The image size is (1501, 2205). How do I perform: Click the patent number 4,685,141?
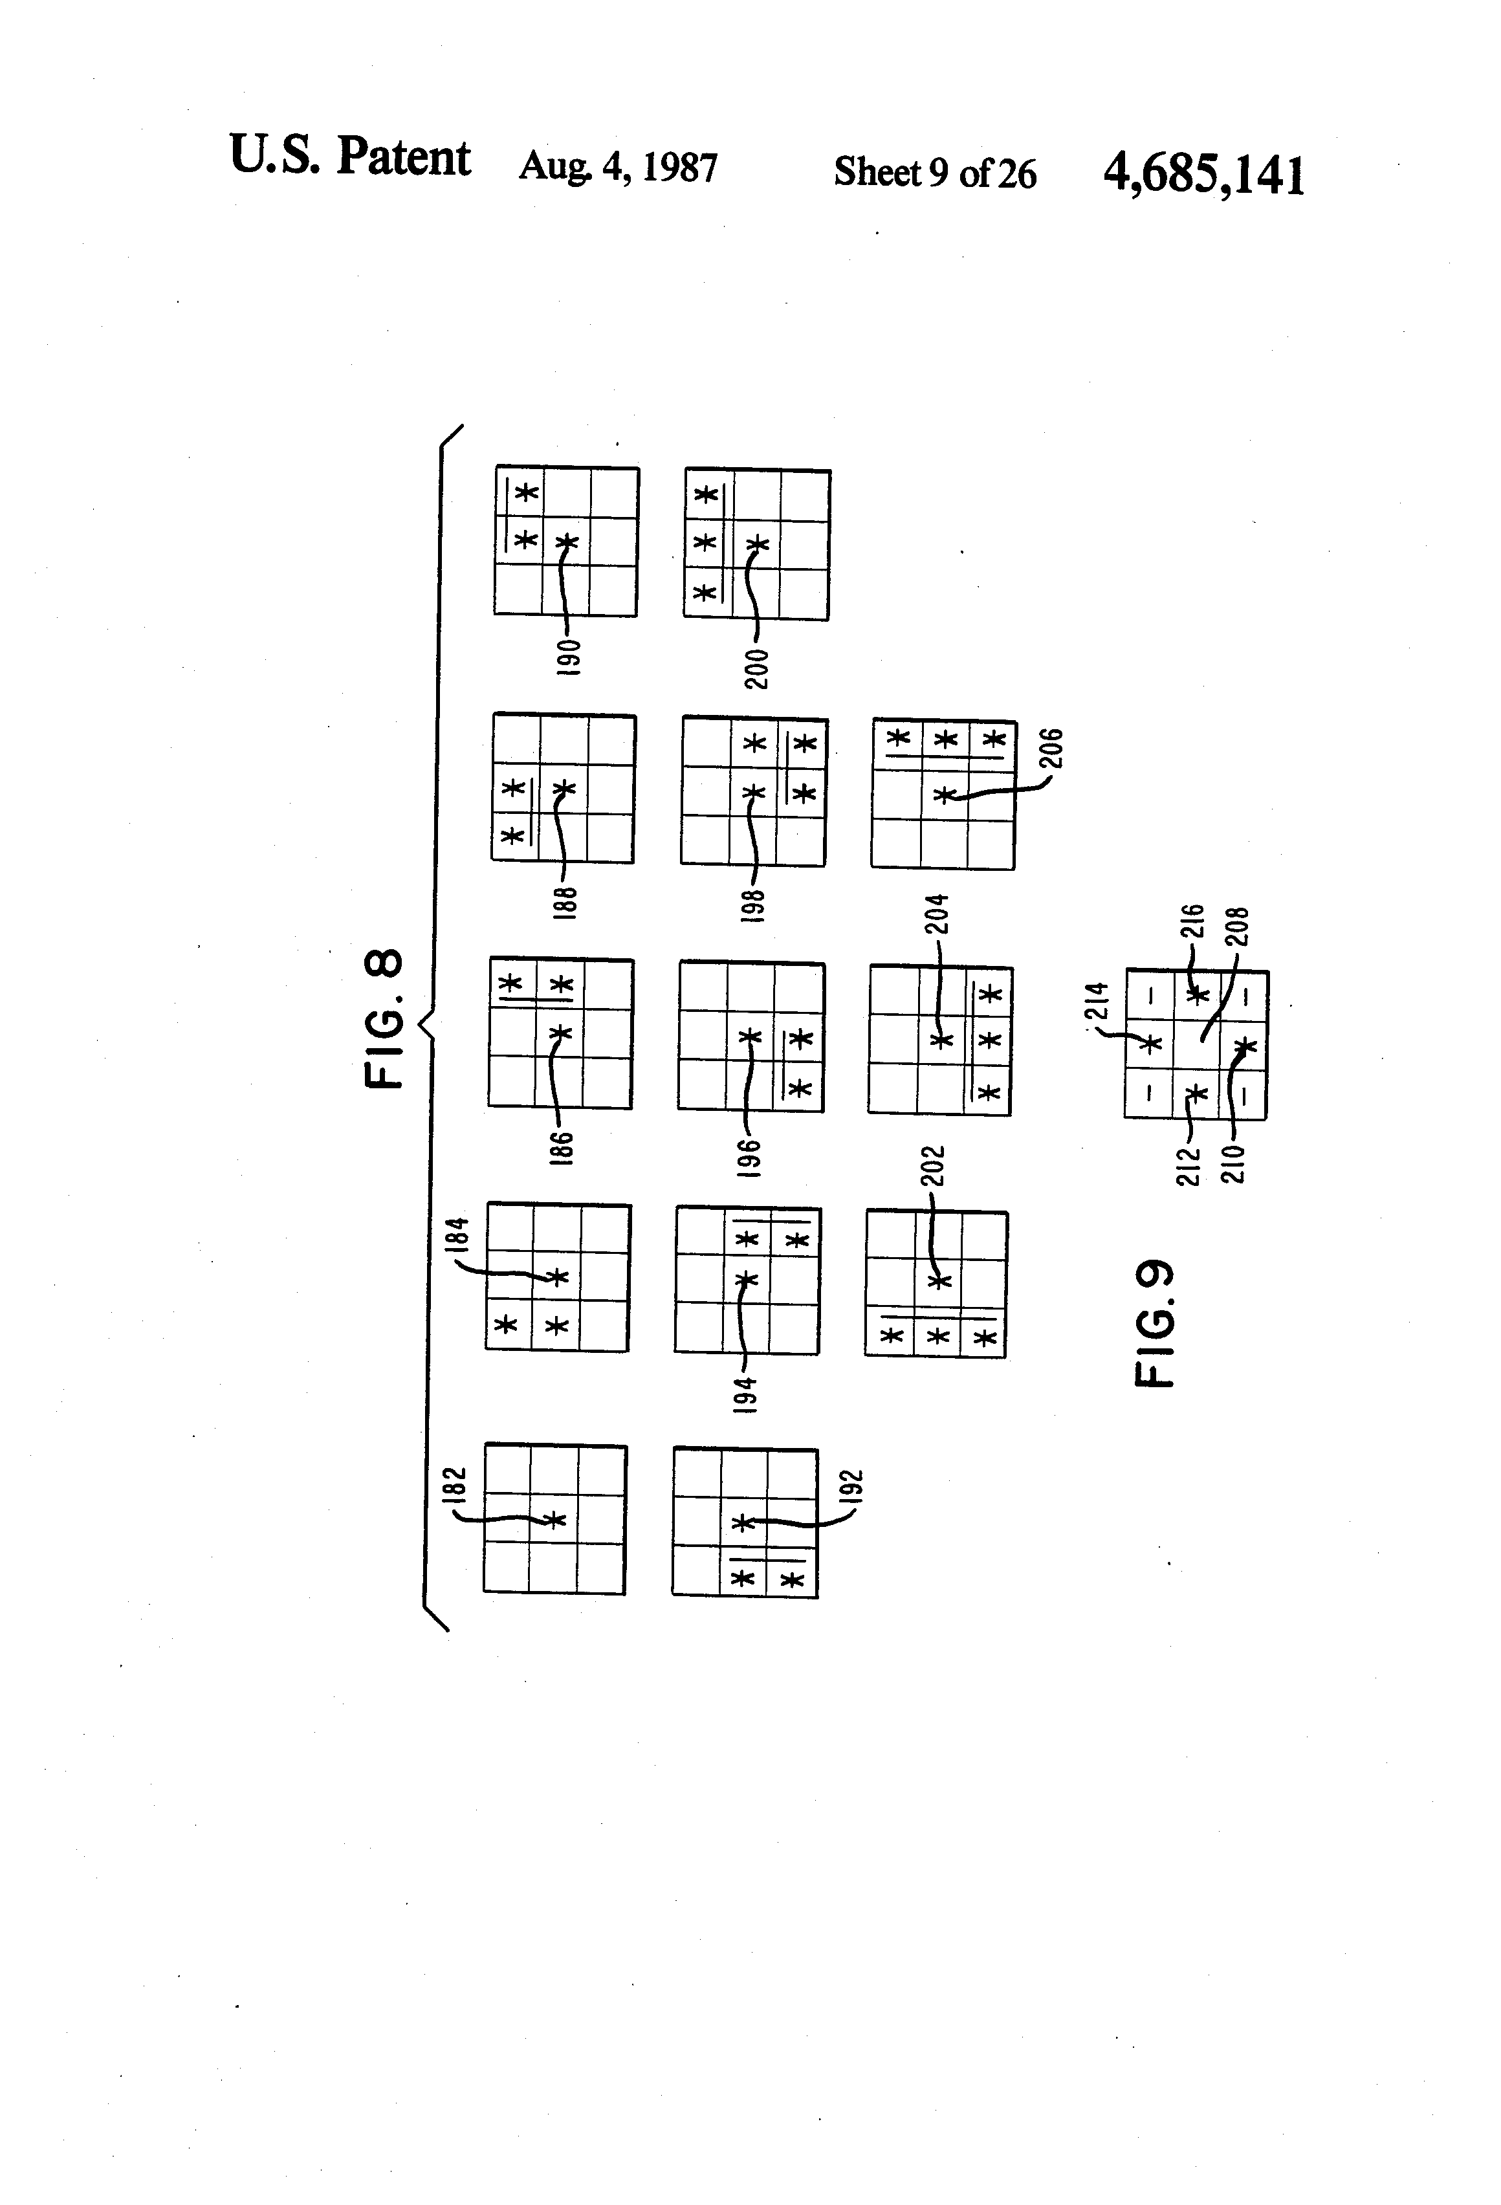click(x=1203, y=175)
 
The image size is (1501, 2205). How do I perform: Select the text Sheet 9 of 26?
click(x=935, y=173)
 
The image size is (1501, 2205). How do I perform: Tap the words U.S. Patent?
click(x=349, y=157)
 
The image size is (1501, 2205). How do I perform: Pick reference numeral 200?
click(x=757, y=669)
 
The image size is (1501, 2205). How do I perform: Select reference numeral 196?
click(x=750, y=1157)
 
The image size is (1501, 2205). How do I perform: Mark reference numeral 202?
click(x=933, y=1166)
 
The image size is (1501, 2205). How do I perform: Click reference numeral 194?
click(x=746, y=1395)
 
